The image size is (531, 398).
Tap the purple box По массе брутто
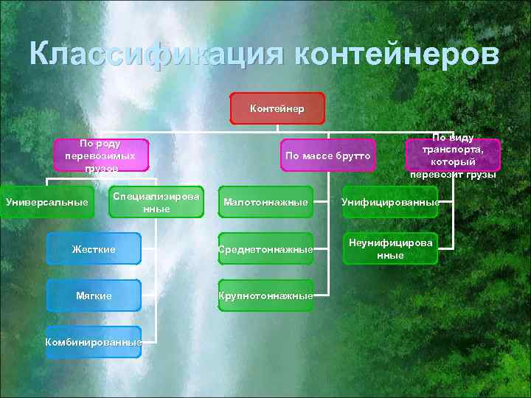pyautogui.click(x=328, y=156)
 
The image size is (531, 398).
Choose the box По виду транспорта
pyautogui.click(x=453, y=156)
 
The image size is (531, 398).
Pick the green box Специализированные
pyautogui.click(x=156, y=202)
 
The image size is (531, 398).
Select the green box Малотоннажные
pyautogui.click(x=265, y=202)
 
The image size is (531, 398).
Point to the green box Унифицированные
pyautogui.click(x=390, y=202)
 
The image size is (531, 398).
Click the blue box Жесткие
pyautogui.click(x=93, y=249)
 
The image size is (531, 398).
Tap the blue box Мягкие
pyautogui.click(x=93, y=296)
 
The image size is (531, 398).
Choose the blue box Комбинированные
pyautogui.click(x=93, y=342)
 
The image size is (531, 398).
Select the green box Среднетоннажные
pyautogui.click(x=265, y=249)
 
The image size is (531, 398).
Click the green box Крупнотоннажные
pyautogui.click(x=265, y=296)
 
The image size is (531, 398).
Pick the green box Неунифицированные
pyautogui.click(x=390, y=249)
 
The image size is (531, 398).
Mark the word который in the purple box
pyautogui.click(x=453, y=161)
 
